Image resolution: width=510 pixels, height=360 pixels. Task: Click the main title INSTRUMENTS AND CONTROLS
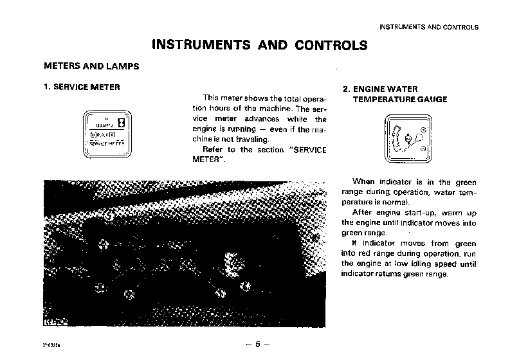point(259,45)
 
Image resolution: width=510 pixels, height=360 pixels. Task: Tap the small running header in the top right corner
point(429,27)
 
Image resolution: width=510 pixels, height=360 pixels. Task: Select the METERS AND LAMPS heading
point(91,66)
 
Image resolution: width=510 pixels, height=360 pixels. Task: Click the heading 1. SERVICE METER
point(81,87)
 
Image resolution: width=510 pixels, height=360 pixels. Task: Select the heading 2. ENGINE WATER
point(380,89)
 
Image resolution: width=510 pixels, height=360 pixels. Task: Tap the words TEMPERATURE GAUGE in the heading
point(399,100)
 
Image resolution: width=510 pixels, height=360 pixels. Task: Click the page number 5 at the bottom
point(257,344)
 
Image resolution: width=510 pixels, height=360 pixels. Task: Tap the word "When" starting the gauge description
point(363,182)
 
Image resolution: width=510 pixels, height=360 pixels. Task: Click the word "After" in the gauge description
point(363,212)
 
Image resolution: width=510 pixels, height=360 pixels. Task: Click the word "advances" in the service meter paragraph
point(261,119)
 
